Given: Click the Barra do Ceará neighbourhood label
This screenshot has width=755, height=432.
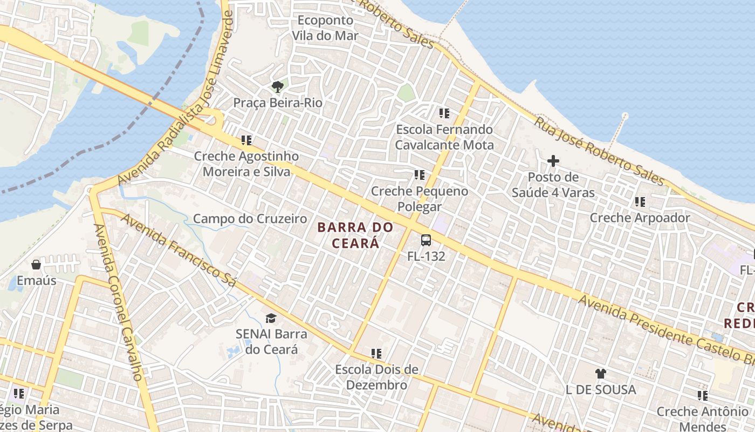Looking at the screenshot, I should point(355,235).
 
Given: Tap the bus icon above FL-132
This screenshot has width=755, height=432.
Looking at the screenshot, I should point(426,240).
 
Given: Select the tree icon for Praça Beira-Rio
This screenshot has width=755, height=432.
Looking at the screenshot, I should point(278,87).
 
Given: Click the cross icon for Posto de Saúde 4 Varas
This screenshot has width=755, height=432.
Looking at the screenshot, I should point(553,161).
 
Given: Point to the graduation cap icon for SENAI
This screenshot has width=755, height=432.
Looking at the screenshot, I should point(271,319).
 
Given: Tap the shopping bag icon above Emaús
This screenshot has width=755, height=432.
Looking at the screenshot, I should point(36,265).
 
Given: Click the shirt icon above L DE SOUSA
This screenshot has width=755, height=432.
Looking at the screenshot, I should point(601,373).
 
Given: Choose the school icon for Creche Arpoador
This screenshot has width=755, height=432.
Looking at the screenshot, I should point(640,202).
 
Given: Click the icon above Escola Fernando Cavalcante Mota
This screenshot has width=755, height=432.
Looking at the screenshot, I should point(444,113).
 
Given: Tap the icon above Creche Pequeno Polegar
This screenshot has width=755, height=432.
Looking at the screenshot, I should point(420,175).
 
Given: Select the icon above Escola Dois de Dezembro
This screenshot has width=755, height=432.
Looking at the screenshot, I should point(376,354).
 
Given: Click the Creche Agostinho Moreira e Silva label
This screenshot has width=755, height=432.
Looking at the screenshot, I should point(246,164).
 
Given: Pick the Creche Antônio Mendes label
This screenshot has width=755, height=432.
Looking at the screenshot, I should point(702,419).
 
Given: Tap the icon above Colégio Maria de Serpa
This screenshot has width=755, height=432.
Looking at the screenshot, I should point(19,394).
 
